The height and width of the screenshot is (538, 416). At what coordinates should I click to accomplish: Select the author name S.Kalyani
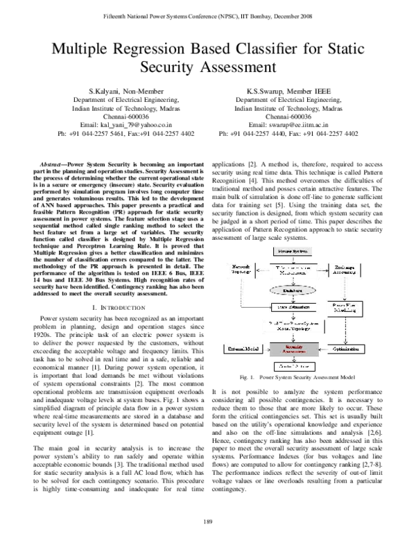coord(105,92)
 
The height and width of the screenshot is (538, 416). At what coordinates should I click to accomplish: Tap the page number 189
coord(208,521)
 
